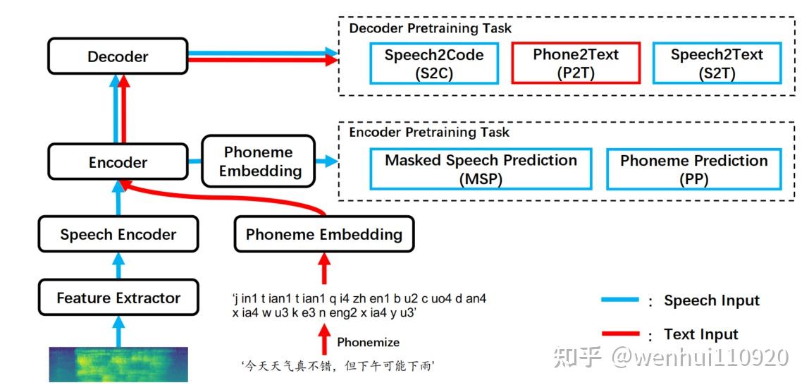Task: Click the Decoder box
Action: click(x=118, y=56)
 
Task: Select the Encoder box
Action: click(x=118, y=162)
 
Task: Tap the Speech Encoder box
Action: click(x=118, y=235)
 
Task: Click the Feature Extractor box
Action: click(x=118, y=298)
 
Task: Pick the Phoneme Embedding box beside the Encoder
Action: click(x=259, y=162)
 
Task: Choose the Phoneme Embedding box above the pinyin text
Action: click(x=323, y=235)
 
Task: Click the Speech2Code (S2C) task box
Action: click(x=433, y=63)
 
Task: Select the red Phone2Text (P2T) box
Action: click(x=575, y=63)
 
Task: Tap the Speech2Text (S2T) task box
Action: click(x=716, y=63)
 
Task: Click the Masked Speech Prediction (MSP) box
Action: click(x=481, y=169)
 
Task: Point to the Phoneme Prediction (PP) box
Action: click(x=693, y=169)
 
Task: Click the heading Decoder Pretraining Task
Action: click(x=430, y=28)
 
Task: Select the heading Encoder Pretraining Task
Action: click(x=429, y=132)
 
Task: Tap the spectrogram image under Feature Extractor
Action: click(x=118, y=364)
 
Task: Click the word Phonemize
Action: click(x=368, y=342)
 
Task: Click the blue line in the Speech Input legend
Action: click(x=619, y=300)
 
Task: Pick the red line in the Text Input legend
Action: click(x=619, y=334)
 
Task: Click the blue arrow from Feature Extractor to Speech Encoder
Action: click(x=118, y=267)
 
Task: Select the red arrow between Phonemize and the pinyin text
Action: click(x=324, y=339)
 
